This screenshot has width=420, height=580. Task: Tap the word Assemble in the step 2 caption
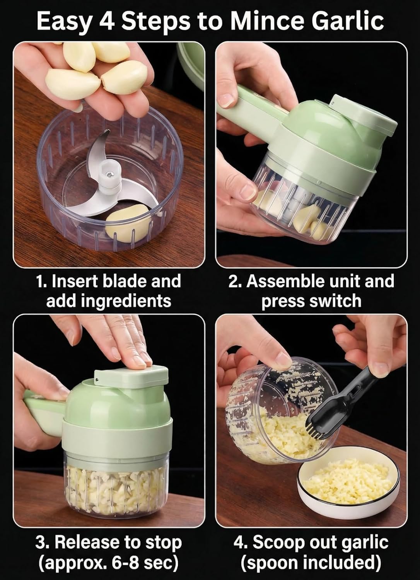(x=284, y=281)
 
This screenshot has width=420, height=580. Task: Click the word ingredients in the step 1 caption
(x=109, y=301)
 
